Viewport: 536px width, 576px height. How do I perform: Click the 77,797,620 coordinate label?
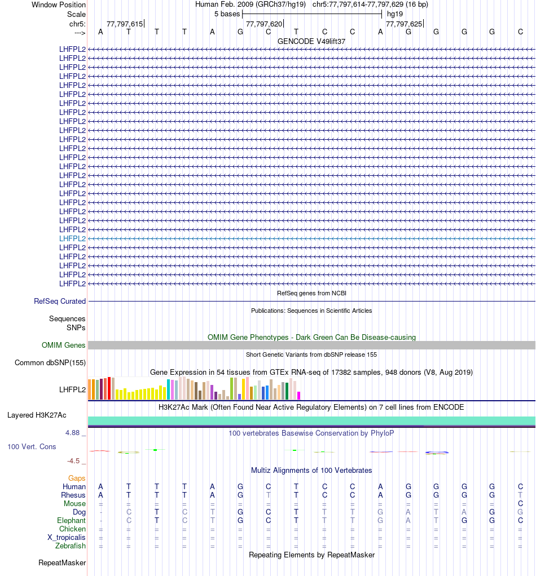[x=264, y=24]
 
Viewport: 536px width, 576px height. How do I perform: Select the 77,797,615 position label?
[x=125, y=24]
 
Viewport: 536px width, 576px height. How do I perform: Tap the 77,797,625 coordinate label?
[x=403, y=24]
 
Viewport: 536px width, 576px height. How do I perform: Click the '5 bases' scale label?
[x=227, y=14]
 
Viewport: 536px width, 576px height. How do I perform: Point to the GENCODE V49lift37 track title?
[x=311, y=41]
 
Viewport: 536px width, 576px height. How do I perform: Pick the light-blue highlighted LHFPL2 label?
[x=73, y=238]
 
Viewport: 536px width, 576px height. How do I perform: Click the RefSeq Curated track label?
[x=60, y=302]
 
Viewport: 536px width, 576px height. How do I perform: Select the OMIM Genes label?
[x=64, y=345]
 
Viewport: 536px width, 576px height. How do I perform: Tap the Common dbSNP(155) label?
[x=50, y=362]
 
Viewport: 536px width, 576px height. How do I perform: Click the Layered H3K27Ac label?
[x=37, y=415]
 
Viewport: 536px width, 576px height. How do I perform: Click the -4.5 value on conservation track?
[x=74, y=461]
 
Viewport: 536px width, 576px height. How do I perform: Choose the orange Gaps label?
[x=77, y=478]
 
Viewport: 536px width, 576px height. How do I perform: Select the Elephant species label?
[x=71, y=521]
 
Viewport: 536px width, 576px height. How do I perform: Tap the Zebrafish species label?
[x=71, y=546]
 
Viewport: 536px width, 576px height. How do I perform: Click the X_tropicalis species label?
[x=67, y=537]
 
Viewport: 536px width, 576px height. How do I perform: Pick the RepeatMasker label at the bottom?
[x=62, y=562]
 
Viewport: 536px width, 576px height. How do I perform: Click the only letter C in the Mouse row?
[x=520, y=503]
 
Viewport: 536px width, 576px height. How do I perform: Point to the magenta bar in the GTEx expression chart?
[x=299, y=395]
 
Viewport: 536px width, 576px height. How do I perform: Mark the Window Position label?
[x=59, y=5]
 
